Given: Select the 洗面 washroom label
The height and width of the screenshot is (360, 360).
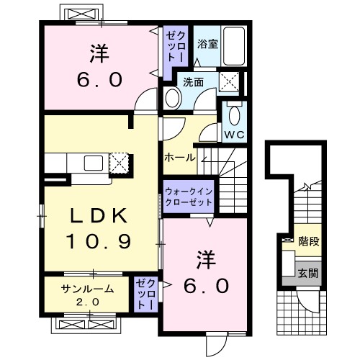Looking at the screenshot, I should pos(193,81).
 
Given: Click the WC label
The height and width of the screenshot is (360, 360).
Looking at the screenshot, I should pos(233,134).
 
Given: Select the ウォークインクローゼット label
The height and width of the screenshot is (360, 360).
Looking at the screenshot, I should pos(189,197).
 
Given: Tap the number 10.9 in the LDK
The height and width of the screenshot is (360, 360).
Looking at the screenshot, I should pos(100,242).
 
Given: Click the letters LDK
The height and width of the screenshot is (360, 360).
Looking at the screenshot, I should pos(100,215).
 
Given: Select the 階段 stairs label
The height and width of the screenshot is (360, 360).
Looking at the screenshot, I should pos(310,242).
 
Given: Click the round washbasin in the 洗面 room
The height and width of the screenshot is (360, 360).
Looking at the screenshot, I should pos(174,99).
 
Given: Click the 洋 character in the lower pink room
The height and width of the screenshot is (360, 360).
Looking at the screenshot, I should pos(202,257).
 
